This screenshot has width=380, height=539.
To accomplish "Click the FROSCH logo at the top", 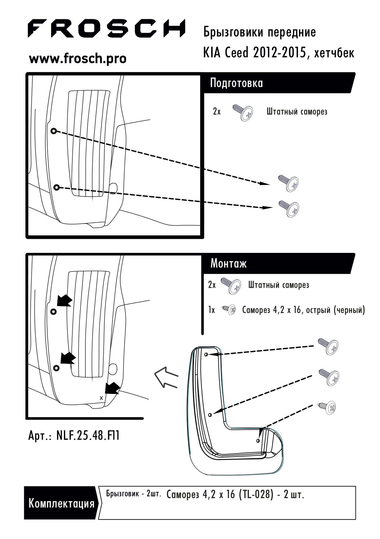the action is [x=107, y=28].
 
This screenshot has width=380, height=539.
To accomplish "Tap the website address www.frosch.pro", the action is [x=78, y=59].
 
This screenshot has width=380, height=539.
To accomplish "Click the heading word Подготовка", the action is [x=236, y=83].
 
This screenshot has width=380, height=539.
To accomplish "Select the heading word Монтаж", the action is [x=228, y=264].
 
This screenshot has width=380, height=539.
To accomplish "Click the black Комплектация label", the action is [x=61, y=503].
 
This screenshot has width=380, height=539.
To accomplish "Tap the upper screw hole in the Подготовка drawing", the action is [x=53, y=131].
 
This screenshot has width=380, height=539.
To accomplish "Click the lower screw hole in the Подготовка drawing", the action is [x=57, y=187].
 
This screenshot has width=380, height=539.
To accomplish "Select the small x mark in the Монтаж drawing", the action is [x=101, y=398].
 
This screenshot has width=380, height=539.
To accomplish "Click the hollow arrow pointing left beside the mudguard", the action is [x=166, y=377].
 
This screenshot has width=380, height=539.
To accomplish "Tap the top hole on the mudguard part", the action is [x=206, y=355].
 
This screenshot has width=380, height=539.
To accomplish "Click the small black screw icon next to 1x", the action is [x=229, y=310].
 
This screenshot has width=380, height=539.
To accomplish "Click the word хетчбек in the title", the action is [x=334, y=53].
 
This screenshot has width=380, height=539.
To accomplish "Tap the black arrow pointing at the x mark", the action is [x=112, y=388].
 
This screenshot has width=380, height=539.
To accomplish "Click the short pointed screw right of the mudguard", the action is [x=327, y=407].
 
